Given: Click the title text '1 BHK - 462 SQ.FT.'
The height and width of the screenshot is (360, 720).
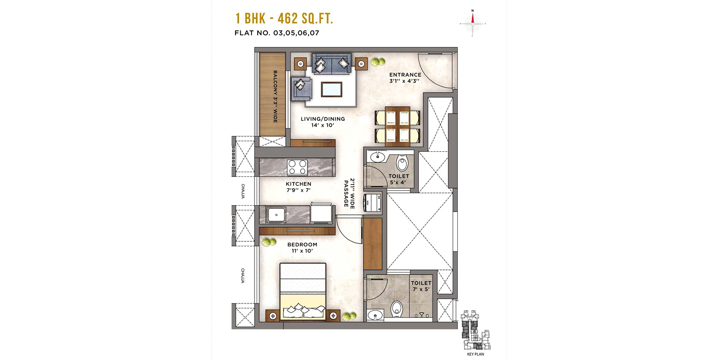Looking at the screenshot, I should (x=284, y=20).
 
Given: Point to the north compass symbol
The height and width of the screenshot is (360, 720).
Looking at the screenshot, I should (x=472, y=23).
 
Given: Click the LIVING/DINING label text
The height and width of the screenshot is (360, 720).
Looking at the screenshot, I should (x=323, y=122).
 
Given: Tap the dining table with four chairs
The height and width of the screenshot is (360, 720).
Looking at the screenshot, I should (x=398, y=127).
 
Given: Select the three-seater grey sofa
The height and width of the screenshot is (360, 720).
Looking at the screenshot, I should (x=332, y=64).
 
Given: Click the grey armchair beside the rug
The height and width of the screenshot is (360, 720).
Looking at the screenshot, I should (x=301, y=88).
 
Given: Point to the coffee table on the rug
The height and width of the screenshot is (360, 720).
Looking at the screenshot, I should (x=332, y=89).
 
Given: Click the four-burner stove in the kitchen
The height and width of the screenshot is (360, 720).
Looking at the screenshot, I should (x=297, y=167).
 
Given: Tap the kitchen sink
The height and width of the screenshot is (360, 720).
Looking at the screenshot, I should (x=277, y=213).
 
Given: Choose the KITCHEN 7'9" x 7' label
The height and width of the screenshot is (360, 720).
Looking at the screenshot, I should (x=298, y=187).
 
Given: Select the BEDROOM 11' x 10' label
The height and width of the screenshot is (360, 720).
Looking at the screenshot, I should (x=302, y=247).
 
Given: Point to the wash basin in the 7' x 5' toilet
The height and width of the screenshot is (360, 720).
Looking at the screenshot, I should (x=374, y=315).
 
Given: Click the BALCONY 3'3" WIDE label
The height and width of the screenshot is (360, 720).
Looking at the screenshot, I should (x=275, y=96).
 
